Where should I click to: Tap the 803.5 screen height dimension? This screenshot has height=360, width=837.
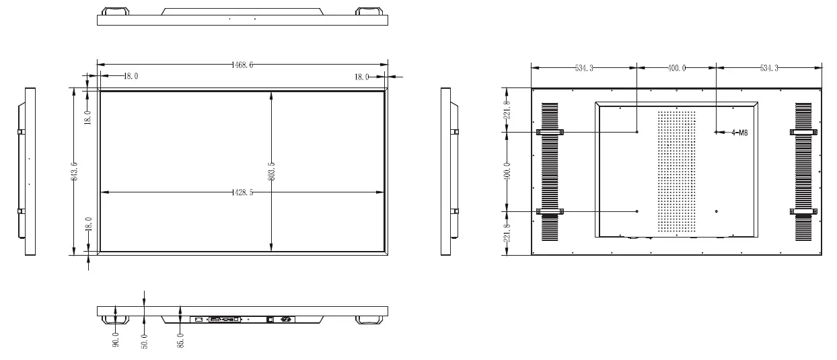pyautogui.click(x=271, y=172)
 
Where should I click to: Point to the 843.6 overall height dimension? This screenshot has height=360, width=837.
pyautogui.click(x=75, y=172)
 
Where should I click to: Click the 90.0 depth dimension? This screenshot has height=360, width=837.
pyautogui.click(x=116, y=338)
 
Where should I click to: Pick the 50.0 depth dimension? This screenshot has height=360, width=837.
pyautogui.click(x=144, y=338)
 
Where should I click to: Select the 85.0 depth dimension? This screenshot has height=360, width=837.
pyautogui.click(x=180, y=338)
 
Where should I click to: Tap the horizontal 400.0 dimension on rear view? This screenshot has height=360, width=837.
pyautogui.click(x=676, y=68)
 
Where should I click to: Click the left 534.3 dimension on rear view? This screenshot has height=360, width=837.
pyautogui.click(x=583, y=68)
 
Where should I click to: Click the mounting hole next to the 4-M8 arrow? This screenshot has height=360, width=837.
pyautogui.click(x=716, y=132)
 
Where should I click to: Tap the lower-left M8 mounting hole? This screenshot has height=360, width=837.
pyautogui.click(x=636, y=212)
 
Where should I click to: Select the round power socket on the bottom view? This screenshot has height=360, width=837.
pyautogui.click(x=291, y=319)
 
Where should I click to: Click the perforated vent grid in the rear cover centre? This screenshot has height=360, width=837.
pyautogui.click(x=676, y=172)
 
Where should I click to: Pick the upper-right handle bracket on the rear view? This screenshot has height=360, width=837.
pyautogui.click(x=803, y=132)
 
